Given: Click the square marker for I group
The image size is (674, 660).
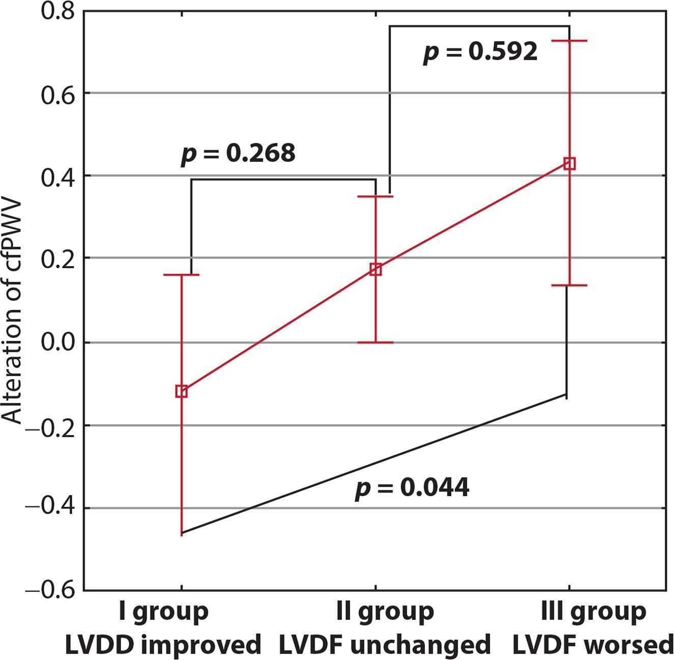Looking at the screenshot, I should point(181,391).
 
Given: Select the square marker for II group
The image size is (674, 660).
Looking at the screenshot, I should point(376,269).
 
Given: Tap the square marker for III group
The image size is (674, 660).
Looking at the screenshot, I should point(570,163).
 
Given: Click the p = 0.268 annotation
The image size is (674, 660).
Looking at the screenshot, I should point(238,153).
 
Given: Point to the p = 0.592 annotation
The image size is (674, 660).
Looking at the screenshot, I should point(480,52).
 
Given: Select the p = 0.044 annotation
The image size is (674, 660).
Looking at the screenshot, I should point(412,488).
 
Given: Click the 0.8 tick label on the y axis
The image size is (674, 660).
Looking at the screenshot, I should point(58,11).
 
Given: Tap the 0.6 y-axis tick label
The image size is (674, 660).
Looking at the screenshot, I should point(58,93).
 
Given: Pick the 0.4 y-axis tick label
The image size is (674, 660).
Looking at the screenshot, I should point(58,176).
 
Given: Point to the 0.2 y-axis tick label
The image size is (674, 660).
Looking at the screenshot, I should point(58,258).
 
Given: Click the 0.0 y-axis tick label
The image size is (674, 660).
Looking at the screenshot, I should point(58,342).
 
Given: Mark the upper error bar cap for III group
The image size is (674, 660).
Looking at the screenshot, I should point(570,40).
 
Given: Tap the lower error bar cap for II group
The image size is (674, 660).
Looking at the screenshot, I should point(376,342).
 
